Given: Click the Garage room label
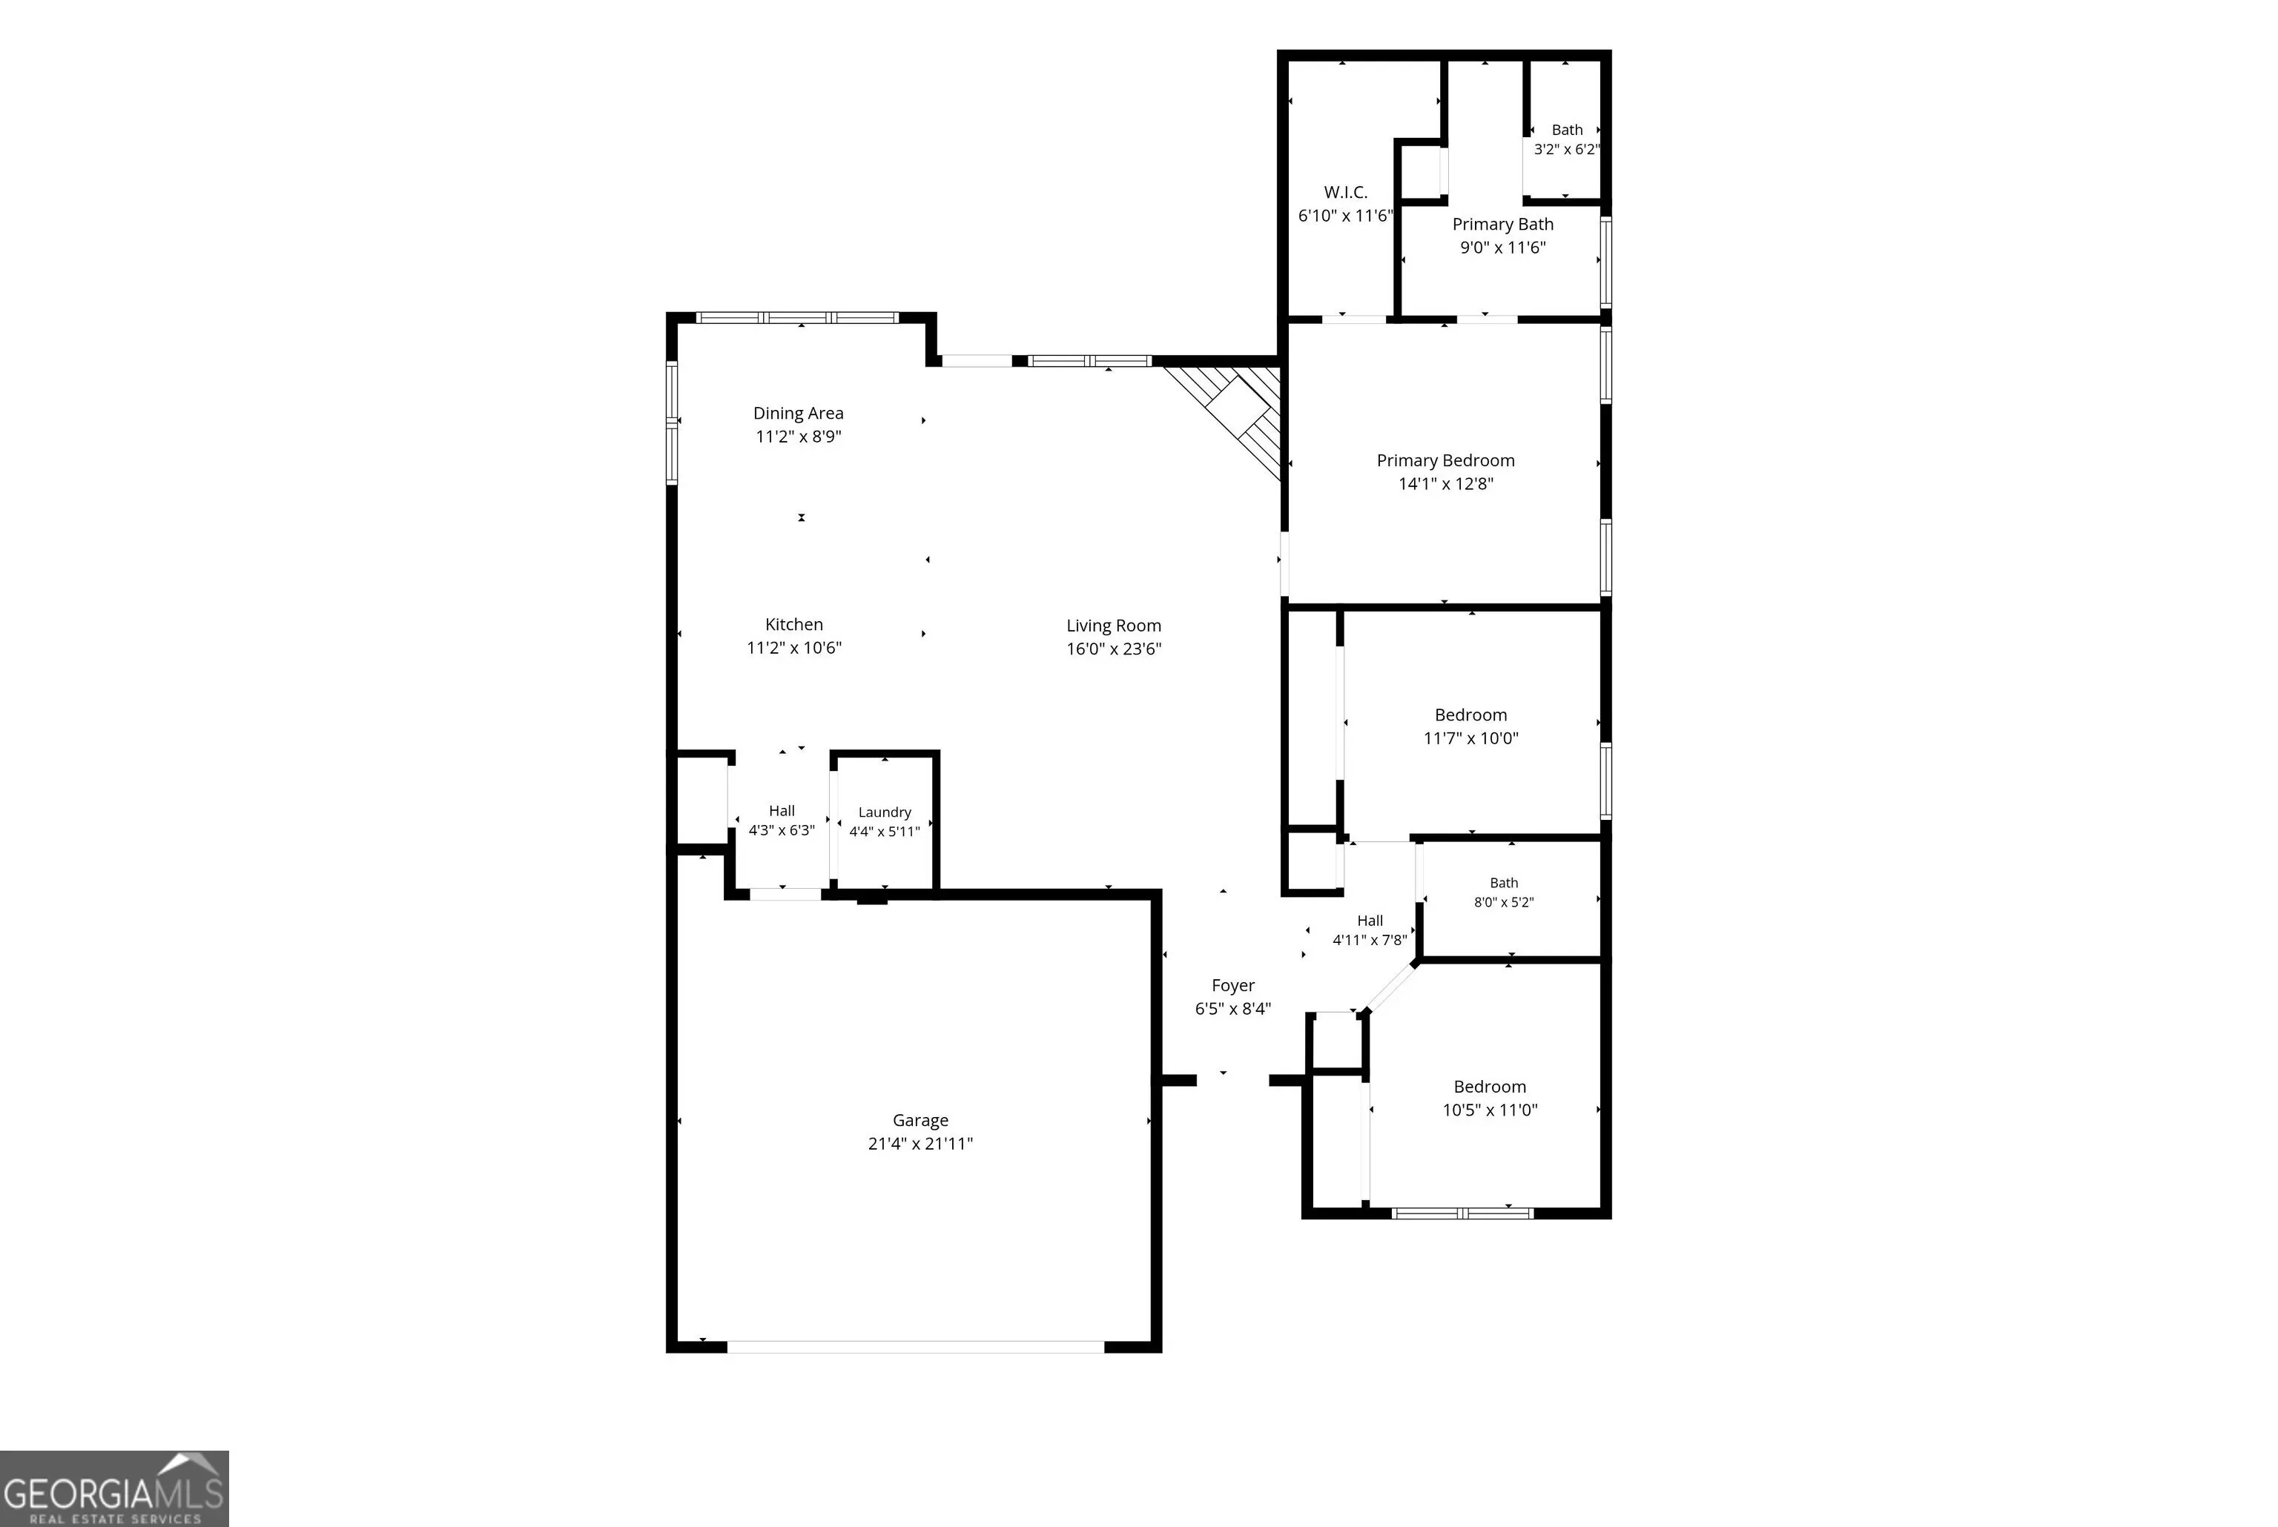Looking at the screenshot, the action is click(920, 1121).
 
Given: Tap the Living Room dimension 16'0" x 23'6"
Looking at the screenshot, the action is click(1113, 649).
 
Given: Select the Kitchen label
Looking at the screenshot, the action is click(793, 624).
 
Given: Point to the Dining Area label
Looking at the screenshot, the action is click(798, 413).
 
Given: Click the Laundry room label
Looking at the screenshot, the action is click(885, 812).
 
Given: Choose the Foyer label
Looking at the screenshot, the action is click(1233, 986).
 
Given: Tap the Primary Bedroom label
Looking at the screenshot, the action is click(1445, 460).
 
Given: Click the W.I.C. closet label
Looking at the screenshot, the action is click(1345, 193).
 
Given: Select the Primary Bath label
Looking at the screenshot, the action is click(1503, 224).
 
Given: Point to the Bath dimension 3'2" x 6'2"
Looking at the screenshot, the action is click(1566, 149).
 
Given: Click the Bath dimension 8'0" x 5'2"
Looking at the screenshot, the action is click(1504, 903).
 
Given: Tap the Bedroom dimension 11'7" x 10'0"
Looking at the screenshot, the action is click(1470, 738).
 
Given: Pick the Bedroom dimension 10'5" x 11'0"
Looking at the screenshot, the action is click(1490, 1110).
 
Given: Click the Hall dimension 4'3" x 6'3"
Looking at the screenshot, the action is click(781, 831).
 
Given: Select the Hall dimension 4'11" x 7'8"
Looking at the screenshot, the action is click(1370, 940).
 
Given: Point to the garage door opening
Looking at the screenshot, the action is click(916, 1347).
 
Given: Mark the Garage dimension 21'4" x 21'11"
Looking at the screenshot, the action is click(920, 1145).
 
